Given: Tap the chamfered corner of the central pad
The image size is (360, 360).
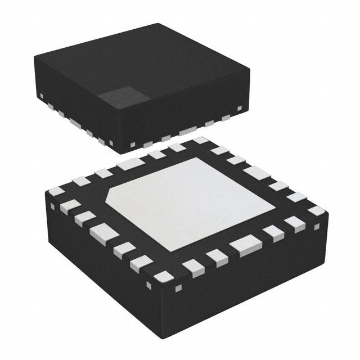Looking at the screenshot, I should (x=112, y=200).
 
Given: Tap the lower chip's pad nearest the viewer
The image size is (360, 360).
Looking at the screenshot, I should (x=165, y=275).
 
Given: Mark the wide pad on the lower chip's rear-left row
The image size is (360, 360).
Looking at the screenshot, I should (x=127, y=165).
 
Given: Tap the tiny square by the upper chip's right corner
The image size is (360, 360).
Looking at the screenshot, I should (x=240, y=107).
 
